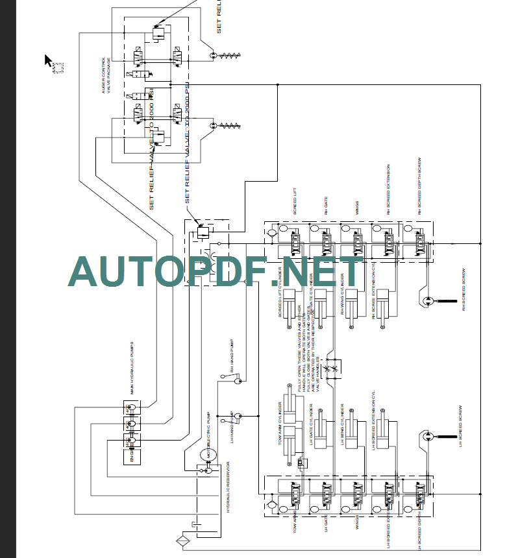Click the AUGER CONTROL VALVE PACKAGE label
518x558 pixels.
[x=106, y=78]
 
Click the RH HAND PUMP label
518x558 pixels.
[x=231, y=354]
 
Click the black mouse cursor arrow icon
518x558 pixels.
[x=49, y=60]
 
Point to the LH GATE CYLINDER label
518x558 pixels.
[x=312, y=425]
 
